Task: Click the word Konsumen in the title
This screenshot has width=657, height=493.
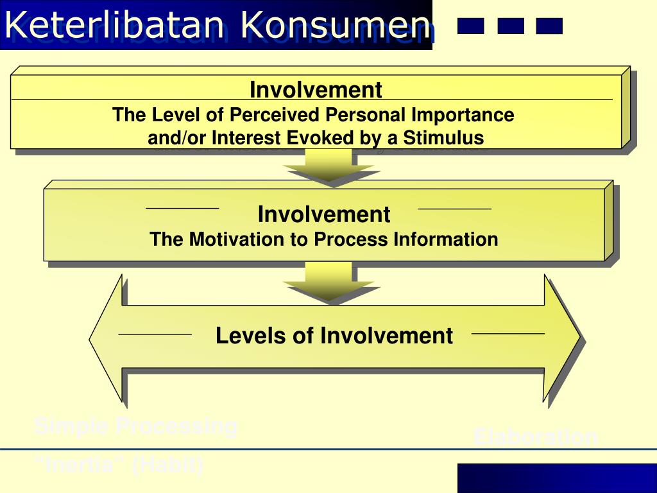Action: pos(335,26)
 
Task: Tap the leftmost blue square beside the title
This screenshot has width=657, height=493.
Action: pos(470,26)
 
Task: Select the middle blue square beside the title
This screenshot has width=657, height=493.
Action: pos(510,26)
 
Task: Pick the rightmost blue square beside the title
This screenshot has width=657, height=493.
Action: pos(549,26)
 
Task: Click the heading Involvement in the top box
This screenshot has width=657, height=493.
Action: pos(316,90)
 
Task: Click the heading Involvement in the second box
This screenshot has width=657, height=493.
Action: pos(324,214)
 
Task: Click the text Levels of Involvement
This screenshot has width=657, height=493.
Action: pos(334,336)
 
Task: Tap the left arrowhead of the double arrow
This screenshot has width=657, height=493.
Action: pos(106,337)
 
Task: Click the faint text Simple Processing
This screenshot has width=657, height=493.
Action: pos(135,426)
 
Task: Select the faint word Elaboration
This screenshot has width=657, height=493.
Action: pos(535,437)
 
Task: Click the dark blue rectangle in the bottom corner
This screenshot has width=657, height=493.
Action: pos(557,478)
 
